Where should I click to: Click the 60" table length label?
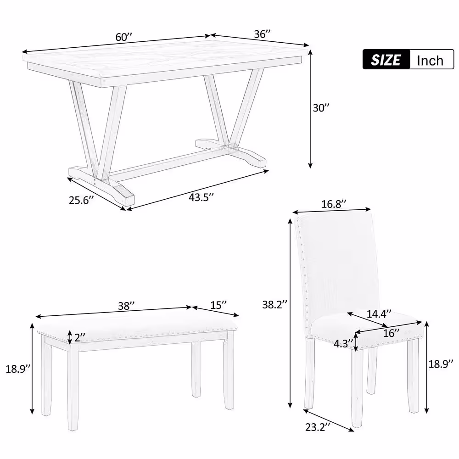(x=124, y=38)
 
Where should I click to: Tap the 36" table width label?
(x=262, y=34)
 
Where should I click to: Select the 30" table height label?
(x=321, y=108)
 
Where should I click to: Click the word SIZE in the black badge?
(x=386, y=60)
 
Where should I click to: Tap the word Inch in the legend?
(x=430, y=60)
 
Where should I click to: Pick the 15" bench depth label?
(x=218, y=305)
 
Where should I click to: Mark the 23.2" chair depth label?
(x=317, y=427)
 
